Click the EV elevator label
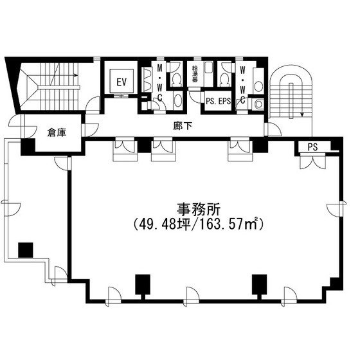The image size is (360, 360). point(122,82)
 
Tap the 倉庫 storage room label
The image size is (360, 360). point(57,132)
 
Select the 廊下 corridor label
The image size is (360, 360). point(183,126)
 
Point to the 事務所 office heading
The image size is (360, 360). point(199,210)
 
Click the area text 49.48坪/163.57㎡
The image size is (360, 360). point(199,224)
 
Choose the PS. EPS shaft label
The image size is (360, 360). point(218,101)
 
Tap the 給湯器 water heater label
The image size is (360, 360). point(195,74)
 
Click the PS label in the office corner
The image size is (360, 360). point(312,147)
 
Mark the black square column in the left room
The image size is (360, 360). point(26,250)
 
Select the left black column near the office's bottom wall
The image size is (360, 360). point(143,284)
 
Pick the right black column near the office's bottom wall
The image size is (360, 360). point(260,284)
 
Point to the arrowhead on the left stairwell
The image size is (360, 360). point(76,75)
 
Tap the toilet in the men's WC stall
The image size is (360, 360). point(177,79)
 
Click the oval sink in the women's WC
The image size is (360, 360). point(258,86)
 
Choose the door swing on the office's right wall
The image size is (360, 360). point(336,209)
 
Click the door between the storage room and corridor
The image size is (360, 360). point(90,130)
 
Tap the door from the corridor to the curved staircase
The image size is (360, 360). point(273,129)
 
